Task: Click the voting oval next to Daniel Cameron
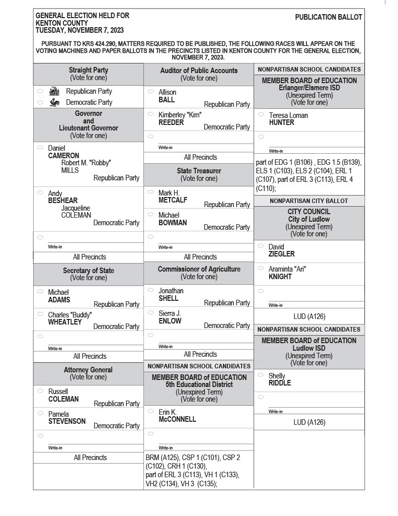40,148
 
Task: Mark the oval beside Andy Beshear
40,192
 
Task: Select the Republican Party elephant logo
54,91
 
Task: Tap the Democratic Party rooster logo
54,102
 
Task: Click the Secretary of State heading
89,271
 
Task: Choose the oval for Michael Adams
40,291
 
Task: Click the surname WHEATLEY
65,322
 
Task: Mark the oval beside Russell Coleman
40,391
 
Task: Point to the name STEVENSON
67,421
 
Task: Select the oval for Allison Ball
150,92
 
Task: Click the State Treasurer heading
199,171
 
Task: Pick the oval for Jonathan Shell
150,290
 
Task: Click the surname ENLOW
170,320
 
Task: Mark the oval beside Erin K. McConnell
150,411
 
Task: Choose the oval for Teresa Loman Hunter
261,114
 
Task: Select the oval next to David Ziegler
261,246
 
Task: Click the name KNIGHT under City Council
280,277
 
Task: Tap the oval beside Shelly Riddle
261,375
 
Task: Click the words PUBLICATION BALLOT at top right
328,17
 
